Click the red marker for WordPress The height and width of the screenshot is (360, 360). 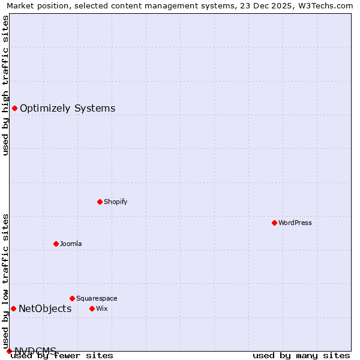(274, 223)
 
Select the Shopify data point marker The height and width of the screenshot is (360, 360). (100, 202)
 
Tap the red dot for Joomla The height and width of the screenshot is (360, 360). (56, 244)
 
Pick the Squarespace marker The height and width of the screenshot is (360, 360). (72, 298)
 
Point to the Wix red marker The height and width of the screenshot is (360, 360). (92, 308)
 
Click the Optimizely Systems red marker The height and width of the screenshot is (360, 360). (14, 108)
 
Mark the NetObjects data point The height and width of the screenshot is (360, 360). (13, 308)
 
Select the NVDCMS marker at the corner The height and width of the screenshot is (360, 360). (9, 351)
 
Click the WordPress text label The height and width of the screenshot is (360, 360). (295, 223)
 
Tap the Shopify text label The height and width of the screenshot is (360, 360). (116, 202)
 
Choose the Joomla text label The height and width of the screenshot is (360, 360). (71, 244)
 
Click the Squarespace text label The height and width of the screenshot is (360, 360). (97, 299)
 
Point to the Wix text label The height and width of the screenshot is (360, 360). (102, 309)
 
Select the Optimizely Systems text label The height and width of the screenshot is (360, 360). (68, 109)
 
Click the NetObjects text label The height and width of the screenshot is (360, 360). (45, 309)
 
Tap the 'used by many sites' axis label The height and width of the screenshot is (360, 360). (301, 356)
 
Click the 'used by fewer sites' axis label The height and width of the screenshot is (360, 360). (62, 356)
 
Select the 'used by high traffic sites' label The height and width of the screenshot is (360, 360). (5, 86)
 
